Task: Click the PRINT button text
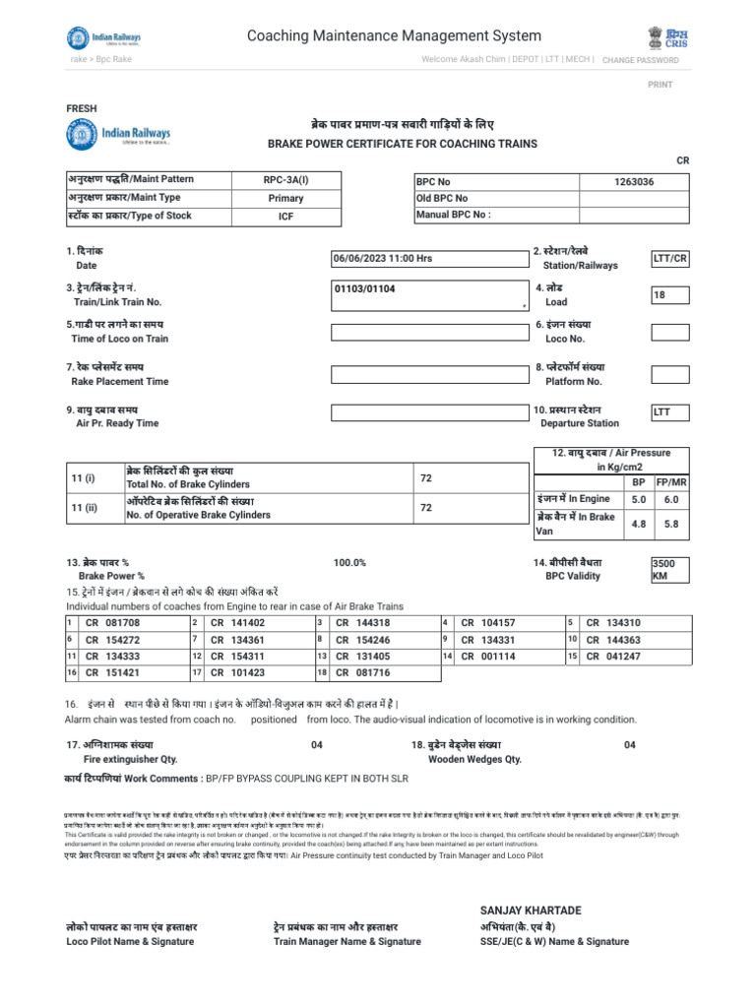660,85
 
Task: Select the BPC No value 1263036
633,182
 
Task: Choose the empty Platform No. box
669,373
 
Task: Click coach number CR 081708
113,623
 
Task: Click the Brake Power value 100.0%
349,562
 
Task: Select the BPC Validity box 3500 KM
669,570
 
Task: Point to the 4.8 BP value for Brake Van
638,525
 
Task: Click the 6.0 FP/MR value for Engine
671,499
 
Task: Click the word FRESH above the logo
81,107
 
